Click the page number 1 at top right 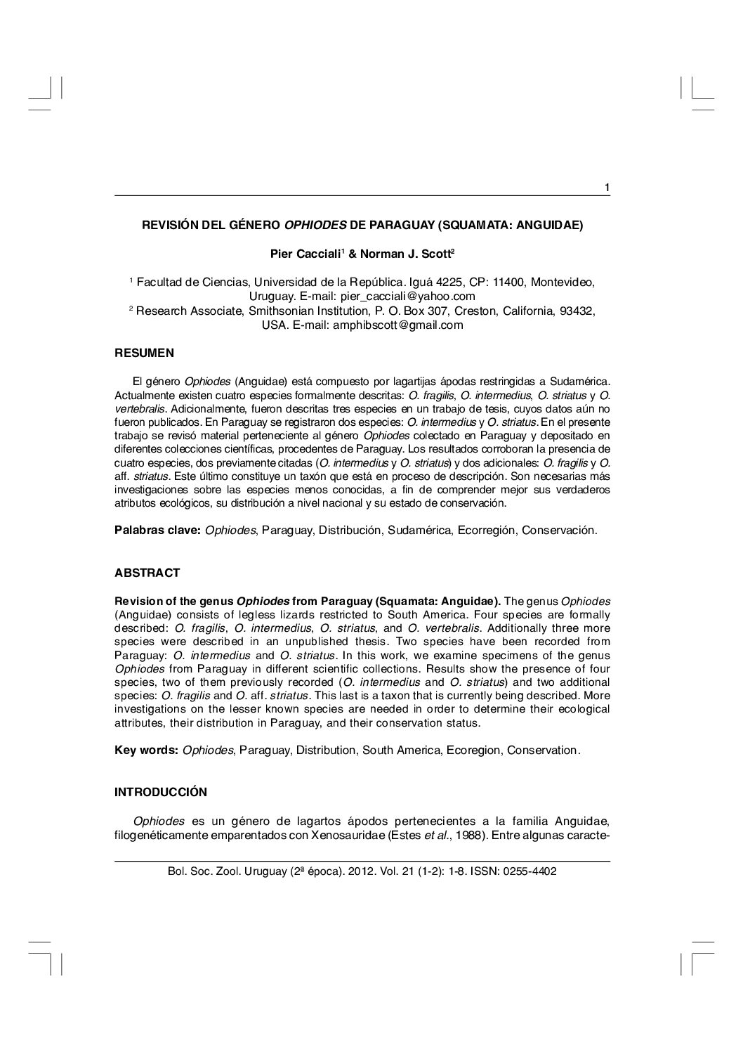[x=607, y=187]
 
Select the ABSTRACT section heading [x=147, y=573]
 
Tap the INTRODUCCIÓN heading [x=161, y=792]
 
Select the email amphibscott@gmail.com [x=397, y=325]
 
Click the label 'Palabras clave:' [x=158, y=530]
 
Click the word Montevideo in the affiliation [x=563, y=283]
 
